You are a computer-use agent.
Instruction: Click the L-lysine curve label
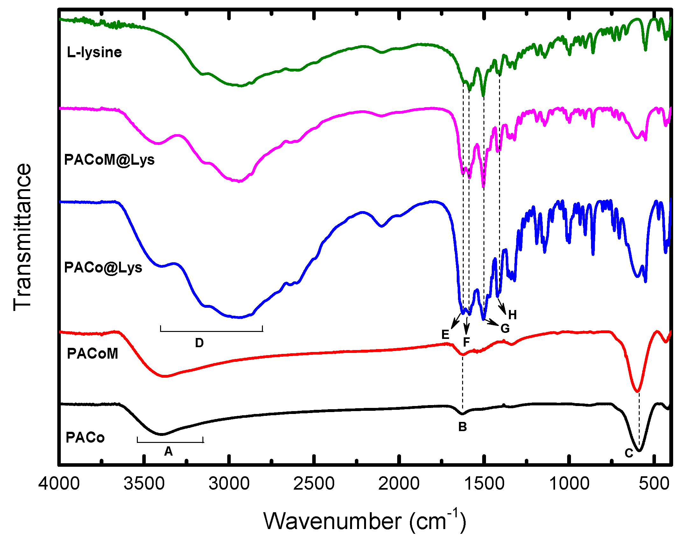[94, 52]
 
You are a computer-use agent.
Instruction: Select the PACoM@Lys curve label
[109, 160]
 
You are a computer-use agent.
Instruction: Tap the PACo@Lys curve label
[103, 268]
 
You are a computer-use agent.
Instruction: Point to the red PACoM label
[92, 354]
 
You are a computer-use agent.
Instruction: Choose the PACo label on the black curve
[85, 438]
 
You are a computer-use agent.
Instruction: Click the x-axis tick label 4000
[59, 484]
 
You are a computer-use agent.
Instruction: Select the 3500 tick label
[144, 484]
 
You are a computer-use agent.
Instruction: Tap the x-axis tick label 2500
[314, 484]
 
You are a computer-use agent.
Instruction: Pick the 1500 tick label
[484, 484]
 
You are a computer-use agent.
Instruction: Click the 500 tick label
[654, 484]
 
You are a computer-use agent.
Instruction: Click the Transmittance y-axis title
[23, 237]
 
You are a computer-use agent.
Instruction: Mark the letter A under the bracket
[168, 451]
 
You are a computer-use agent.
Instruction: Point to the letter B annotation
[462, 427]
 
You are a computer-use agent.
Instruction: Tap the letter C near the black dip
[629, 453]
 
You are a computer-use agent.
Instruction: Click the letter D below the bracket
[199, 343]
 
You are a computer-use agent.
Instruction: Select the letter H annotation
[512, 315]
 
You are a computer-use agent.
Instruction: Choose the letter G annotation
[505, 328]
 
